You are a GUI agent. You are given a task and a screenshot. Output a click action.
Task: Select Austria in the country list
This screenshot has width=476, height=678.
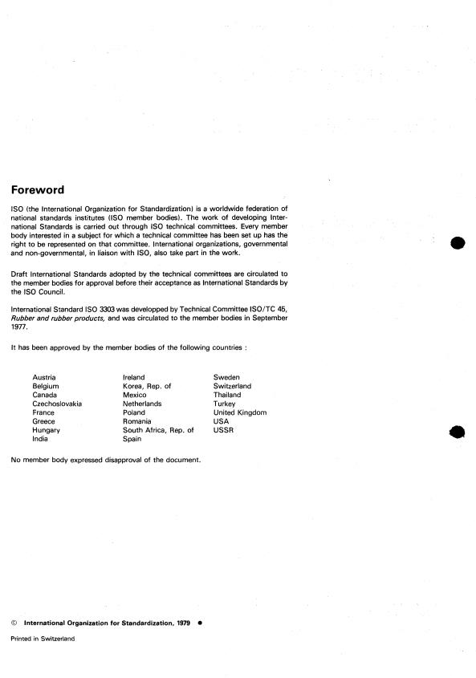pos(44,376)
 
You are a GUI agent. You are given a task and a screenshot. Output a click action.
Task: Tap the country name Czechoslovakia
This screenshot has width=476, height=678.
pos(57,404)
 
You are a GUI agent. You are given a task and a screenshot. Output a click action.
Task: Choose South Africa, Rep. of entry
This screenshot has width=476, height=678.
pos(158,430)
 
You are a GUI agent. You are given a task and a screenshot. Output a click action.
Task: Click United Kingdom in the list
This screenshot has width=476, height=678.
pos(239,412)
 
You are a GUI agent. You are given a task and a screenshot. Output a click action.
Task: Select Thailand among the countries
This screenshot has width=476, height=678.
pos(227,395)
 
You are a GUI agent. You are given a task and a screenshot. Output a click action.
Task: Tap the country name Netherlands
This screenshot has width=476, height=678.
pos(142,404)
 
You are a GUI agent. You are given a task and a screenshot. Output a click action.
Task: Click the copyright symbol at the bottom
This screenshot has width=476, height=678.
pos(14,622)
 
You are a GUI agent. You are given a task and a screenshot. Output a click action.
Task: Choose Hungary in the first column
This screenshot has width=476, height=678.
pos(46,430)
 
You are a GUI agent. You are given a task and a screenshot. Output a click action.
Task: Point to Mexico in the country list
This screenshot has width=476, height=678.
pos(134,395)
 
